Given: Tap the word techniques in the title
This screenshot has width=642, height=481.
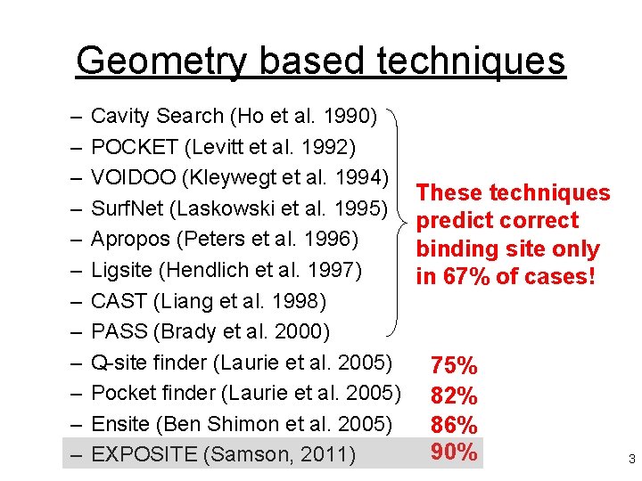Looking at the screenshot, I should (472, 61).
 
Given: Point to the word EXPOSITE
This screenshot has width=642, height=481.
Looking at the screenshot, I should (144, 454).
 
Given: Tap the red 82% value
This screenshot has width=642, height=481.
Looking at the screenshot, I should (454, 395).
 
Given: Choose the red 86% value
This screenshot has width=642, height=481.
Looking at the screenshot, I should (454, 424).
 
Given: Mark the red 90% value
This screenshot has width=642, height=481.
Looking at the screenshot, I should (454, 452).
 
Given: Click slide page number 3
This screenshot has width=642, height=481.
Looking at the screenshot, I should (631, 460).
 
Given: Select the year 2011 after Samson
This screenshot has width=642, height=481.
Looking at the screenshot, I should (326, 454).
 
